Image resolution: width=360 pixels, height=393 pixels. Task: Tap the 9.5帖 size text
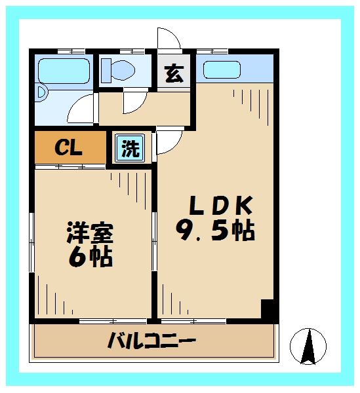point(215,231)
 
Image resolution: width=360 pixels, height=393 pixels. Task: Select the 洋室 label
point(90,233)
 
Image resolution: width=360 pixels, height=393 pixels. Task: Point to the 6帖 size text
point(90,256)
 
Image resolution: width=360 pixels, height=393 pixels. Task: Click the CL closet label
point(68,148)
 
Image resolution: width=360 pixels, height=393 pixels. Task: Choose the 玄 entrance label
point(173,74)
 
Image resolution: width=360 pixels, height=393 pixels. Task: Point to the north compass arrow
point(309,345)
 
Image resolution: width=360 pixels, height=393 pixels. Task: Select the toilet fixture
point(118,70)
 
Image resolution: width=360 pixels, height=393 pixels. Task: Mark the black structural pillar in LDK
point(267,309)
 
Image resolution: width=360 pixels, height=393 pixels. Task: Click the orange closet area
point(69,148)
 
